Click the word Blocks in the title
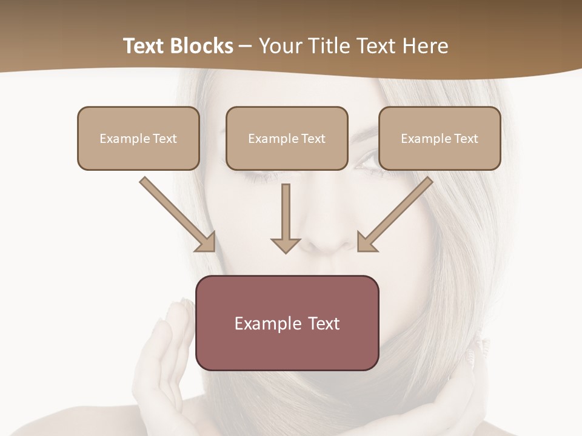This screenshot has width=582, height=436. tap(202, 46)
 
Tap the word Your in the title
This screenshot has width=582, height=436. tap(279, 46)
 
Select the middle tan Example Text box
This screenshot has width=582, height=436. tap(287, 154)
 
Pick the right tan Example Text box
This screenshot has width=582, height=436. tap(440, 154)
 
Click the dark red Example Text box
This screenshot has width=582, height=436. tap(287, 348)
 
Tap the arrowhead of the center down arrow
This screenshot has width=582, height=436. tap(286, 245)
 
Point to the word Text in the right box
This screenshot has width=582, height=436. tap(466, 139)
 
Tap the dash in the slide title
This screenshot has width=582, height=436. tap(246, 47)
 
